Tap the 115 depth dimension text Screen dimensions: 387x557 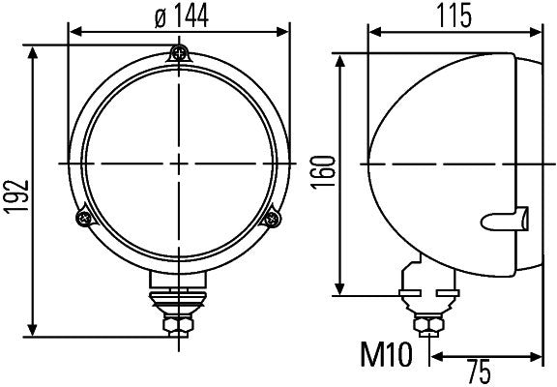(453, 15)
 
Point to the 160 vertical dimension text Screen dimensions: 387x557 (324, 172)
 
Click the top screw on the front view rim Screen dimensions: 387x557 (178, 53)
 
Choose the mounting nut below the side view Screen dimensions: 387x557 (425, 323)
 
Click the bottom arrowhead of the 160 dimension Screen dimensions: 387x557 (340, 289)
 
